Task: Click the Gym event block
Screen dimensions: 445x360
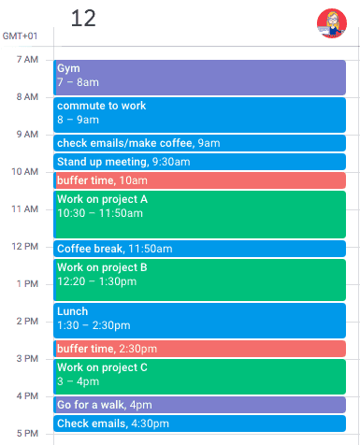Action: coord(199,77)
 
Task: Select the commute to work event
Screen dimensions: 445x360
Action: coord(199,114)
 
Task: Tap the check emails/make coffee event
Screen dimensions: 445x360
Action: coord(199,143)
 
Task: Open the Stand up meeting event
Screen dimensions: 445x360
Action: coord(199,162)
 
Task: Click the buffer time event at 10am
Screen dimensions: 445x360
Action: coord(199,180)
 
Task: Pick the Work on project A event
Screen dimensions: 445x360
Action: coord(199,214)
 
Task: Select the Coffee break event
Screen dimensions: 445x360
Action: coord(199,249)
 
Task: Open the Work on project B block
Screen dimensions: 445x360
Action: coord(199,280)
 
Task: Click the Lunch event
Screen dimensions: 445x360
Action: coord(199,320)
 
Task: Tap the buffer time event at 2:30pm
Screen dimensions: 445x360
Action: coord(199,349)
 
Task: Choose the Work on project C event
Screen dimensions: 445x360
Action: coord(199,376)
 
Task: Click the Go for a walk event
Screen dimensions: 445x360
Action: coord(199,405)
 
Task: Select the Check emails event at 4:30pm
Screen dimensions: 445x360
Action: coord(199,423)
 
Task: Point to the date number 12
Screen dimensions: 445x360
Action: coord(83,19)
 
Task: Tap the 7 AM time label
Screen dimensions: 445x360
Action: coord(27,60)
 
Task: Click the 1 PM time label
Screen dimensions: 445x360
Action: coord(27,283)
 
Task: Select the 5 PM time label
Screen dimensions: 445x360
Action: coord(27,433)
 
